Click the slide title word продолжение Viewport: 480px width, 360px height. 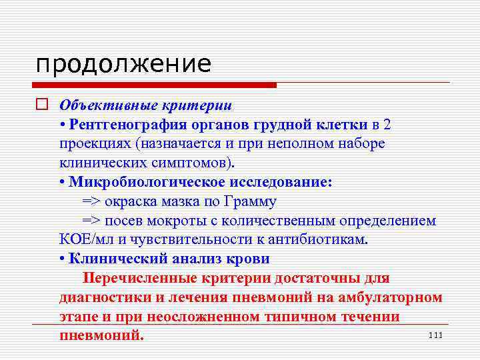pos(123,65)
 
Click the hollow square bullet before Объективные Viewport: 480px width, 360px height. pos(42,105)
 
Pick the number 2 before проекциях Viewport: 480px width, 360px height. pos(388,125)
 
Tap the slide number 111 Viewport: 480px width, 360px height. pos(435,335)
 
